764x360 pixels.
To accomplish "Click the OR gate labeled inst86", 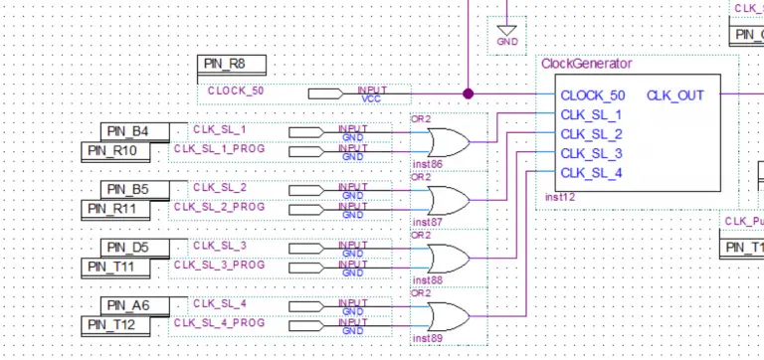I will (x=446, y=141).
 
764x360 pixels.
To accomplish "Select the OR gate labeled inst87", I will (x=446, y=199).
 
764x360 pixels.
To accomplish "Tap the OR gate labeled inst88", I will (x=446, y=257).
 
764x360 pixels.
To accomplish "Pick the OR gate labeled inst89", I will (x=446, y=315).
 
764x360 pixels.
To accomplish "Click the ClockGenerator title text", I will (x=586, y=64).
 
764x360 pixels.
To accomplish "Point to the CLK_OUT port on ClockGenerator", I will (x=674, y=95).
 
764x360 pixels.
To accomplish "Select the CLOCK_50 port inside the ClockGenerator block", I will (x=593, y=95).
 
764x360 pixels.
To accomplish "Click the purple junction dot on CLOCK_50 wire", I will (x=468, y=93).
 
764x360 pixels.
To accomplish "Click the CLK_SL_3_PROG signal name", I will (x=220, y=265).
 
